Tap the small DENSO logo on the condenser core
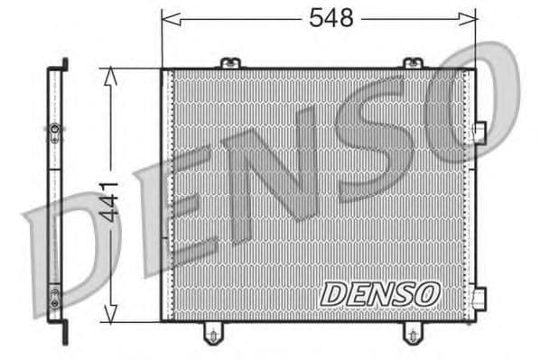379,293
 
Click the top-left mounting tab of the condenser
230,62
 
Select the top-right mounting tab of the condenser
412,62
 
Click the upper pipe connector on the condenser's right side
479,133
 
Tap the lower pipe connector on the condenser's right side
479,297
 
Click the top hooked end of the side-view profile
64,65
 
